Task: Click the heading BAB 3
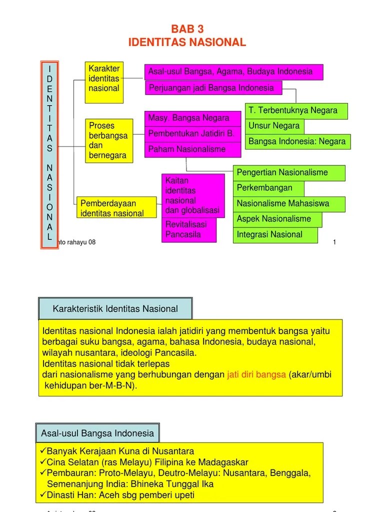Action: pos(187,29)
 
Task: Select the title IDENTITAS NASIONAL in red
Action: pos(187,42)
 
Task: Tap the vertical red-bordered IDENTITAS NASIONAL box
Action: pos(49,154)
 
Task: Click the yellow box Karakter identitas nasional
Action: pos(104,82)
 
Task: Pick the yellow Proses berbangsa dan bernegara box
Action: pos(108,140)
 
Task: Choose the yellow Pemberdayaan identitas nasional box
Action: pos(116,208)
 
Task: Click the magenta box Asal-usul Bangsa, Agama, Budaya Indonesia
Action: pos(233,72)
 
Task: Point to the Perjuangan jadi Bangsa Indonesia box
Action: pos(213,88)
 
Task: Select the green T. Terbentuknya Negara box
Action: pos(296,110)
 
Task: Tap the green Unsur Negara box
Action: pos(274,126)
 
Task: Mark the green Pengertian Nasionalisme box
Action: pos(289,173)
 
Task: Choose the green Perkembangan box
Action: pos(269,188)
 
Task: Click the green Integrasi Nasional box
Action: pos(275,234)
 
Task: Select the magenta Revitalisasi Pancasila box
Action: pos(189,229)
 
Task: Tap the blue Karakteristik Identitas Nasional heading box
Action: pos(115,309)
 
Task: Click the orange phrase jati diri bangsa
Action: pos(256,375)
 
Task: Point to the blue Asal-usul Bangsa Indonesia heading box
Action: pos(97,433)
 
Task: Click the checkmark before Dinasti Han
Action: pos(42,495)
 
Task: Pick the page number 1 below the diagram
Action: pos(334,242)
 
